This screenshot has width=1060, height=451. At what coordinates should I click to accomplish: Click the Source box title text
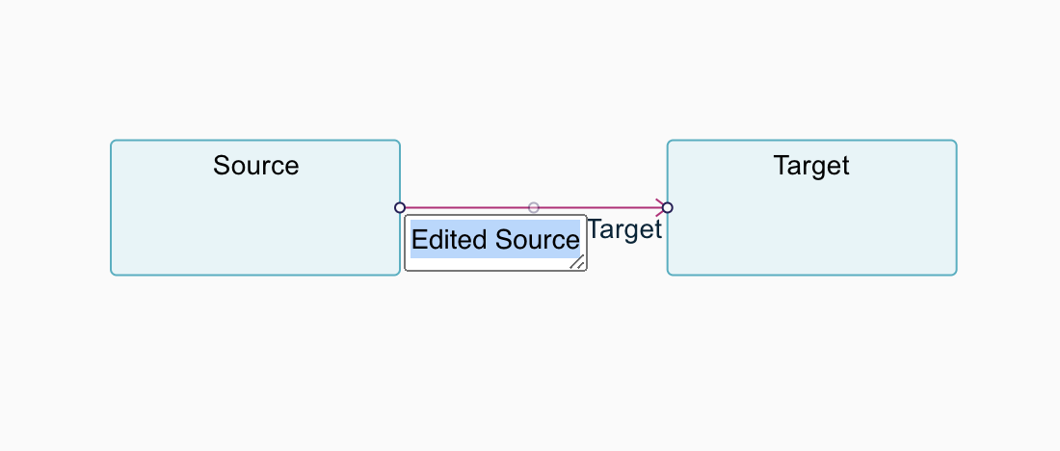click(x=255, y=166)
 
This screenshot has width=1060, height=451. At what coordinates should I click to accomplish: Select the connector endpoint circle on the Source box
click(x=400, y=207)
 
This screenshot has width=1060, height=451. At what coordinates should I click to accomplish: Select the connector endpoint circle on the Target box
click(x=667, y=207)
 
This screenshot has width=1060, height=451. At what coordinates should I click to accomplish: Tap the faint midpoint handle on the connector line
click(x=534, y=207)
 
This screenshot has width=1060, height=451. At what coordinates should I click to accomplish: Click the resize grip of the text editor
click(x=577, y=262)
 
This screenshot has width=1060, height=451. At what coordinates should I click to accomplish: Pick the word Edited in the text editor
click(x=450, y=240)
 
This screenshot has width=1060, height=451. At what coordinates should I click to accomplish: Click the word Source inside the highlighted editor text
click(x=537, y=240)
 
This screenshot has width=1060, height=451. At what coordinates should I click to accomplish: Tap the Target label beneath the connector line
click(x=624, y=230)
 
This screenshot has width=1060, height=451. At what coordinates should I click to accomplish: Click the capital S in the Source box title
click(x=222, y=166)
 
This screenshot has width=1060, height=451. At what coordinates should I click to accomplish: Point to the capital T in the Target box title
click(x=782, y=166)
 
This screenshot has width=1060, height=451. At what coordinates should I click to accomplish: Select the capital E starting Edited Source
click(x=418, y=240)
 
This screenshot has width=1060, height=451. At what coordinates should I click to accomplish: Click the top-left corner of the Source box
click(x=111, y=141)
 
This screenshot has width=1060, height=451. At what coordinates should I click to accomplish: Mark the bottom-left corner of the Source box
click(x=111, y=275)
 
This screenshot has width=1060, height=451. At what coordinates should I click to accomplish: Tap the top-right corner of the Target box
click(x=957, y=141)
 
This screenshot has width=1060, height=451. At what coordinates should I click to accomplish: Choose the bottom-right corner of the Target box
click(x=957, y=275)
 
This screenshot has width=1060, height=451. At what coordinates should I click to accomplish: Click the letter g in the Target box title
click(x=819, y=169)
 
